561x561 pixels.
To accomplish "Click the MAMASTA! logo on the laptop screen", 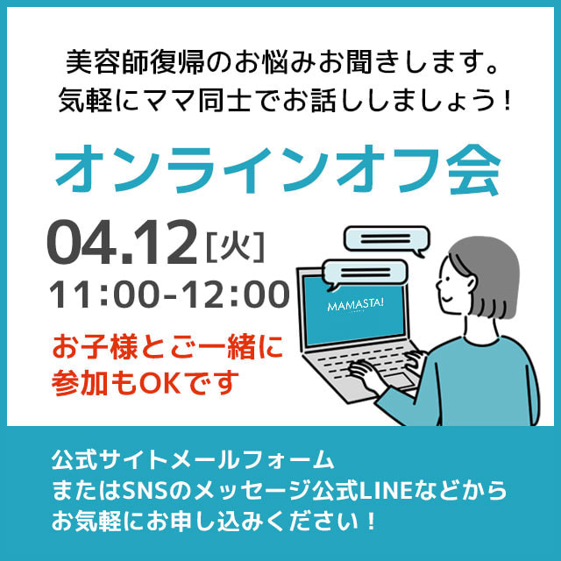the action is click(355, 305).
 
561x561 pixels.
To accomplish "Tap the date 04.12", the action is click(122, 243).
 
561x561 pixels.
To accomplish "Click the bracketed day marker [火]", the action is click(235, 246).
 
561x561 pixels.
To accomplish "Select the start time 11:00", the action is click(103, 295).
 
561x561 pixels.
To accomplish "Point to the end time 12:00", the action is click(236, 295).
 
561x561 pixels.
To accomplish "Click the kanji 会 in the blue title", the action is click(473, 170).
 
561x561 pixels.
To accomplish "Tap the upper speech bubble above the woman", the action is click(387, 240).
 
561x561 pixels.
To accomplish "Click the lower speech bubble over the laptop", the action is click(365, 273).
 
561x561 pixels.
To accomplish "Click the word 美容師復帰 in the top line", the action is click(136, 63).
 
